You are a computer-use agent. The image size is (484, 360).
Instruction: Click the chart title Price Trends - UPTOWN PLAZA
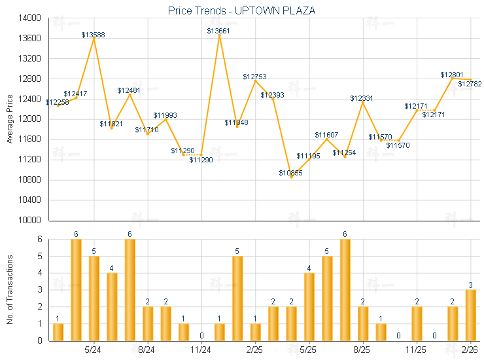[242, 10]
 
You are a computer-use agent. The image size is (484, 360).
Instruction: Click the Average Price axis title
[10, 119]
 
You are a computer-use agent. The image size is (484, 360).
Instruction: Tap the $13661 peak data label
[219, 31]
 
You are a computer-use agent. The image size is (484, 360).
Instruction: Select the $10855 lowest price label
[291, 173]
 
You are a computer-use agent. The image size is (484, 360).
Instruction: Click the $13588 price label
[93, 34]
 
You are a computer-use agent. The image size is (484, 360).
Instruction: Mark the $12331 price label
[362, 98]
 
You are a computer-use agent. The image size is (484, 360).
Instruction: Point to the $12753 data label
[255, 77]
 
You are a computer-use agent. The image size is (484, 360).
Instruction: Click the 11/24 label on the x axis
[201, 350]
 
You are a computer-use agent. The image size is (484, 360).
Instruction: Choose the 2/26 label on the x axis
[468, 350]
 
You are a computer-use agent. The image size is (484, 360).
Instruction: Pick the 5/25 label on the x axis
[309, 350]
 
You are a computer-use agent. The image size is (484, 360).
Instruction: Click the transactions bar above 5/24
[94, 298]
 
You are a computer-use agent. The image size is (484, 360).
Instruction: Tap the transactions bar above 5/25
[309, 306]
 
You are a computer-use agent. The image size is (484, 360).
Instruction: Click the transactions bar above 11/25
[417, 323]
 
